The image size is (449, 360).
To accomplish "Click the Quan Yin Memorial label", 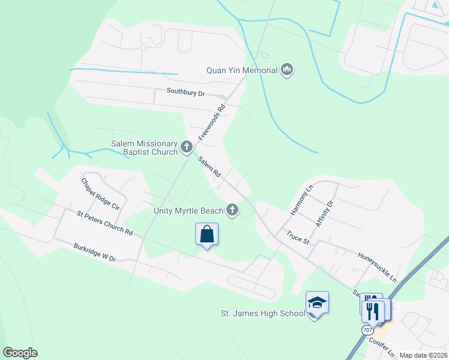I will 241,70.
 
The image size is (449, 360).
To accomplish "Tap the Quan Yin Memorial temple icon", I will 287,70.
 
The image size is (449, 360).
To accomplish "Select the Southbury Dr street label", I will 185,94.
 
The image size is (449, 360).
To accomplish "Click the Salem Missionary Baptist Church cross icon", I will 187,146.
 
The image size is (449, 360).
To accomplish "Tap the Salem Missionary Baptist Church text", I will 144,148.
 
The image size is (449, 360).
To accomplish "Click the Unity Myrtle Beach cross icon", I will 232,209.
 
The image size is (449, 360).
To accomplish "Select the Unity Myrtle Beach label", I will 188,210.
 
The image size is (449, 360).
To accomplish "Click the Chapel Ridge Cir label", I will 101,193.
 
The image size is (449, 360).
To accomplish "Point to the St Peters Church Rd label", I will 104,223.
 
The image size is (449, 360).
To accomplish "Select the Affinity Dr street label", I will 324,214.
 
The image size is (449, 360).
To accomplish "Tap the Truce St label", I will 297,238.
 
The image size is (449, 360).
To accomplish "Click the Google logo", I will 20,353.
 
